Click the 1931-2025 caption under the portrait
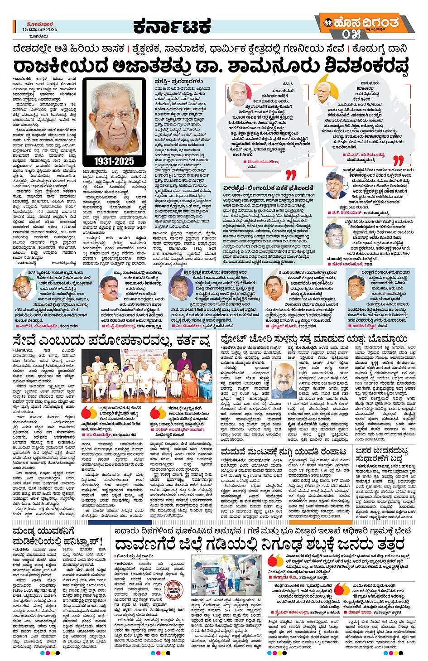pyautogui.click(x=115, y=161)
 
